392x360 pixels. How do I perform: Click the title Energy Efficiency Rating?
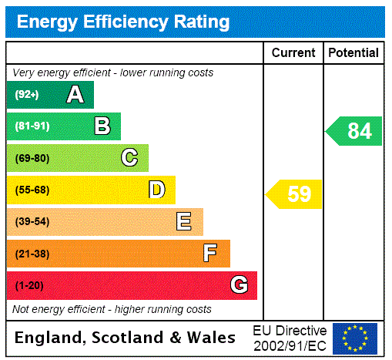(x=123, y=22)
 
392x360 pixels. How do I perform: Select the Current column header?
(x=293, y=53)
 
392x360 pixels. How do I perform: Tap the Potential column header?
(x=353, y=53)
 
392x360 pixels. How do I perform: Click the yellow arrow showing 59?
(x=295, y=194)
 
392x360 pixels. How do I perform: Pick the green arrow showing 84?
(x=355, y=131)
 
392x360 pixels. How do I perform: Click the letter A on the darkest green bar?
(x=75, y=95)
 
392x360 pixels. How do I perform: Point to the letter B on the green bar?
(x=102, y=126)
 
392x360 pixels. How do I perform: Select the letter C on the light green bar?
(x=129, y=158)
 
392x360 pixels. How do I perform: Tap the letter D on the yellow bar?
(x=156, y=190)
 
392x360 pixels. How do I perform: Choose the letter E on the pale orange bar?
(x=183, y=222)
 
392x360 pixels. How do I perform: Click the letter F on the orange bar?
(x=209, y=254)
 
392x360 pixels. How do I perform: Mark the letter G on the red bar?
(x=239, y=285)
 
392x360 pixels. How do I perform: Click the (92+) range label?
(x=27, y=95)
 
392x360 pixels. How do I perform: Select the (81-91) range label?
(x=32, y=126)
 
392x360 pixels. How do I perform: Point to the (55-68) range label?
(x=32, y=190)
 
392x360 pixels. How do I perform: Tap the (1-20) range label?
(x=29, y=285)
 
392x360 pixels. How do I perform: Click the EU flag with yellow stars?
(x=355, y=338)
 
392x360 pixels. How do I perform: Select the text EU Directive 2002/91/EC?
(x=290, y=338)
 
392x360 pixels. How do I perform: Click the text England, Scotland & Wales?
(x=126, y=338)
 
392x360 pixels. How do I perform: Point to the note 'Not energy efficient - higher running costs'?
(x=112, y=309)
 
